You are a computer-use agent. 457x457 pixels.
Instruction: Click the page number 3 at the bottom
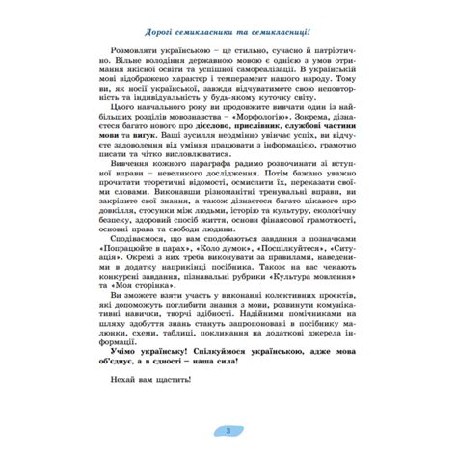[228, 431]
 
